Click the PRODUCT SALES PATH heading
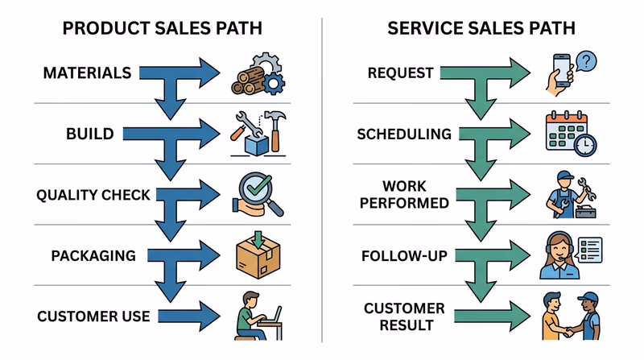(162, 29)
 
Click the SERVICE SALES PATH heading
(481, 29)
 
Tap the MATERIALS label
(87, 73)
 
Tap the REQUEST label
(400, 73)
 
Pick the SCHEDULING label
(404, 134)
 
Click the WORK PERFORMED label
(404, 194)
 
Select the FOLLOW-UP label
(404, 256)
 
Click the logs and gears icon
(257, 72)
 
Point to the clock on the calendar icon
(586, 144)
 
